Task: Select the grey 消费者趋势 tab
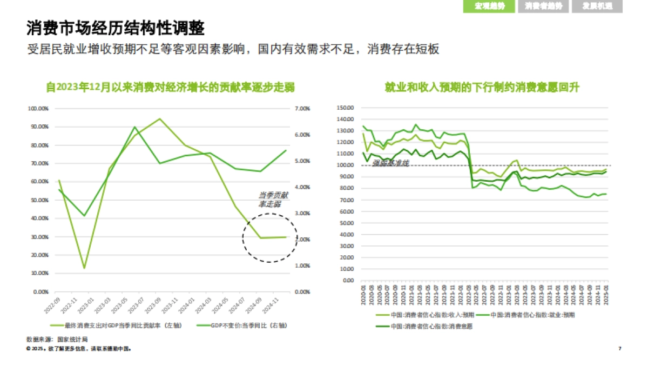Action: tap(543, 6)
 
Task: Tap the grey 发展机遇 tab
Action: tap(597, 6)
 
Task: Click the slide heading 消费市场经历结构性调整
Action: tap(116, 28)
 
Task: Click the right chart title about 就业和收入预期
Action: tap(482, 88)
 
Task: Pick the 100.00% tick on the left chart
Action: tap(38, 109)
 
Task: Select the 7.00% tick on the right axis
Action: tap(302, 109)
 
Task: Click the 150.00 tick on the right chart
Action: tap(344, 108)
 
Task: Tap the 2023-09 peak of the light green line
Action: tap(160, 118)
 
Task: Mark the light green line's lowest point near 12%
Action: tap(84, 268)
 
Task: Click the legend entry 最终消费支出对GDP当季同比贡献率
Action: tap(124, 326)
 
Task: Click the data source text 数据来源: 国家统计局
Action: tap(57, 339)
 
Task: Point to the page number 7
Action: tap(620, 349)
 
